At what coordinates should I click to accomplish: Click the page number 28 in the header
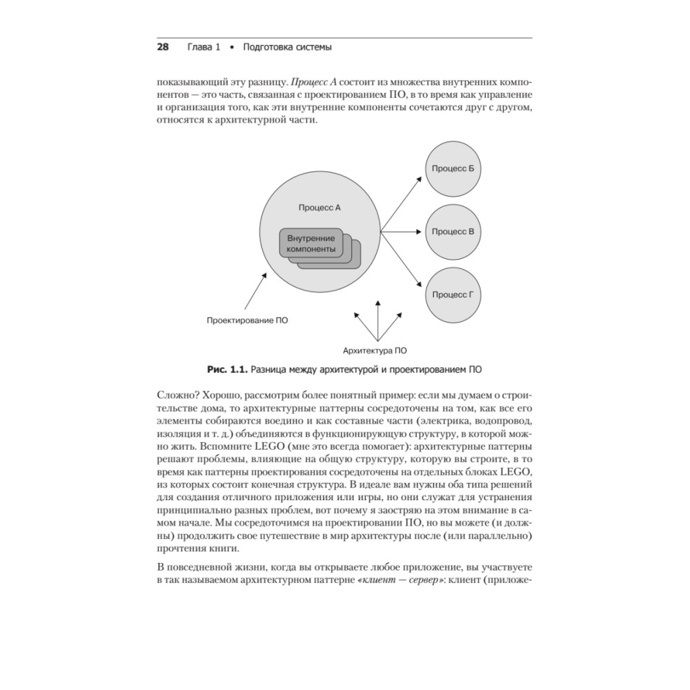pyautogui.click(x=163, y=48)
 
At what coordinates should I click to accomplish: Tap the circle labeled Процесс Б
pyautogui.click(x=453, y=169)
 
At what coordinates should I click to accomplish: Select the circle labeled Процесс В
pyautogui.click(x=453, y=232)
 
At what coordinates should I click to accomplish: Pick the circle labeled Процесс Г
pyautogui.click(x=453, y=295)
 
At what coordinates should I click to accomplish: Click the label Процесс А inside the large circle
pyautogui.click(x=320, y=208)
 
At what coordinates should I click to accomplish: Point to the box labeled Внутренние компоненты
pyautogui.click(x=311, y=243)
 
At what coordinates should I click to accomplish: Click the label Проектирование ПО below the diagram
pyautogui.click(x=248, y=320)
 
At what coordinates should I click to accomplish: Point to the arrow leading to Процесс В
pyautogui.click(x=404, y=232)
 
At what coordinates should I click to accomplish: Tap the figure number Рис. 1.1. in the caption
pyautogui.click(x=226, y=371)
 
